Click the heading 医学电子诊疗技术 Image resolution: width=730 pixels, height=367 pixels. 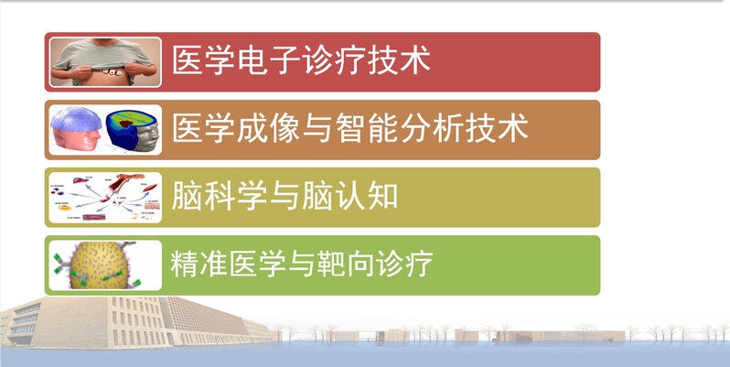point(301,60)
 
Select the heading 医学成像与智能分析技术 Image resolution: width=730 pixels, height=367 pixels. point(350,128)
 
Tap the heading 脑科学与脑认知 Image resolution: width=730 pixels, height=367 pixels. point(284,196)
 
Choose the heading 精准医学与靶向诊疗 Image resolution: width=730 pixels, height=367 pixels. point(302,264)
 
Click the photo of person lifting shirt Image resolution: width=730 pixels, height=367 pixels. point(105,62)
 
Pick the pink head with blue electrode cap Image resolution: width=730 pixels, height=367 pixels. point(76,129)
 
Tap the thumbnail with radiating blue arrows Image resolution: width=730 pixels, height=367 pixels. point(105,198)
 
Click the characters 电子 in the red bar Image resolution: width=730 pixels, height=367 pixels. point(269,60)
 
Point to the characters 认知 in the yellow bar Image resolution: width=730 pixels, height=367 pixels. point(366,196)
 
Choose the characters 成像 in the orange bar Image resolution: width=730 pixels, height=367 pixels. point(269,128)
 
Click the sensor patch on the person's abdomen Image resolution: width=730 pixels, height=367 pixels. point(113,72)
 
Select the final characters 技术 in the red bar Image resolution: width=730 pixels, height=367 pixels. point(399,60)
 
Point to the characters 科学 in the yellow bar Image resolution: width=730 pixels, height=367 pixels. point(236,196)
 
